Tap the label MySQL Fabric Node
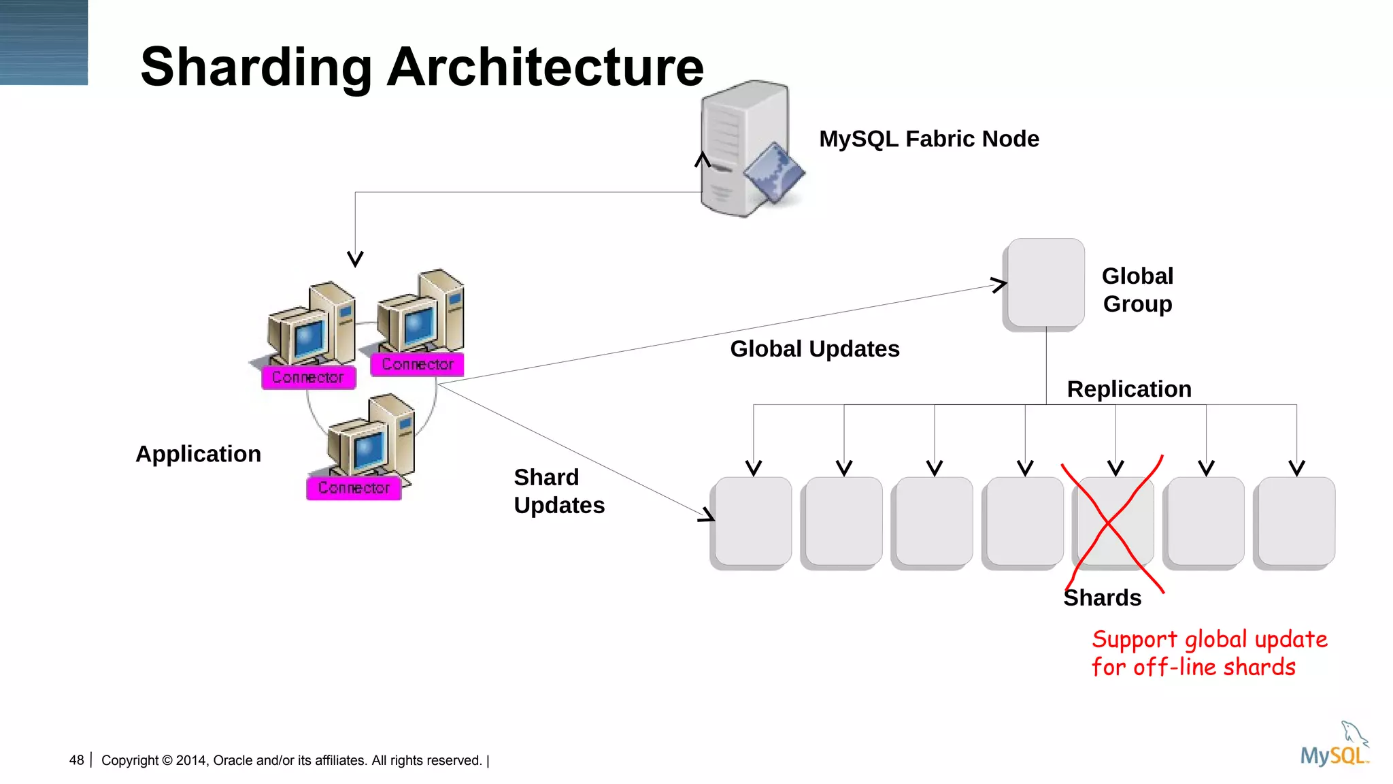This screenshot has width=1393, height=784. coord(928,139)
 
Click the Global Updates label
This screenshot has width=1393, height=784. coord(814,349)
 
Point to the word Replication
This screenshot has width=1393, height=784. coord(1128,389)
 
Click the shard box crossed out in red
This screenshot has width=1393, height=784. coord(1114,521)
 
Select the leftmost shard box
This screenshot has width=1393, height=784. coord(753,521)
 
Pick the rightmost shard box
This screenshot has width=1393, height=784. coord(1296,521)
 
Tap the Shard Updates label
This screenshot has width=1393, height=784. coord(558,491)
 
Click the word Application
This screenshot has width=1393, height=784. coord(198,454)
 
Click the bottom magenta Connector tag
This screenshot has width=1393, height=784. coord(354,488)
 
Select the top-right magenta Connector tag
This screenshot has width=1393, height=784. coord(417,364)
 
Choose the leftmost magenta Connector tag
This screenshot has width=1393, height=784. coord(308,377)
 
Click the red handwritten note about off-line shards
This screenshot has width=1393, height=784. coord(1208,653)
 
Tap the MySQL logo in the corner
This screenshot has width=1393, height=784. coord(1334,747)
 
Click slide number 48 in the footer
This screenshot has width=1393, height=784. coord(76,760)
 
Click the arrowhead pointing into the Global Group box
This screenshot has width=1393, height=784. coord(999,284)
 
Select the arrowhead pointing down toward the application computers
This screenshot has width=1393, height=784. coord(355,259)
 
